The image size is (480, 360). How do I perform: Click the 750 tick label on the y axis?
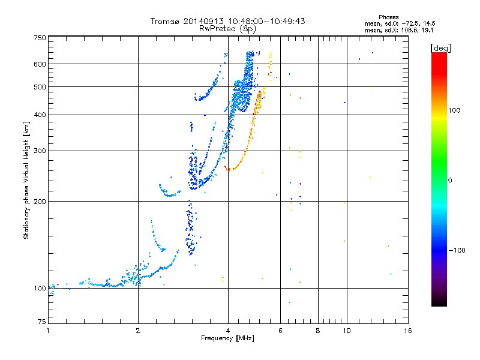point(39,37)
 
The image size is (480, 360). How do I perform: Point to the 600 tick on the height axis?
point(40,64)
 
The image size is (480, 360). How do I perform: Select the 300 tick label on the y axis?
point(40,151)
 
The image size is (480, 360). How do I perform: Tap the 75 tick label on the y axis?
point(41,322)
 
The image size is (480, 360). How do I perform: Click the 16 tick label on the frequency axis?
point(408,331)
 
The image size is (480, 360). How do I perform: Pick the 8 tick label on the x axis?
point(318,331)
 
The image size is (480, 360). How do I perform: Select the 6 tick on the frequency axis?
point(281,331)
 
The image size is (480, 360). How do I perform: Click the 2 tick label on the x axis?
point(138,331)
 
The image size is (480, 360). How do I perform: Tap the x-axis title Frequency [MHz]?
point(227,339)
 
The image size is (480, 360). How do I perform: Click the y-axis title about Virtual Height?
point(26,181)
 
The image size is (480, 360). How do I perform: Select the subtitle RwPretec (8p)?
point(227,28)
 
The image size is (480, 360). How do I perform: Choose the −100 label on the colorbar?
point(458,250)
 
